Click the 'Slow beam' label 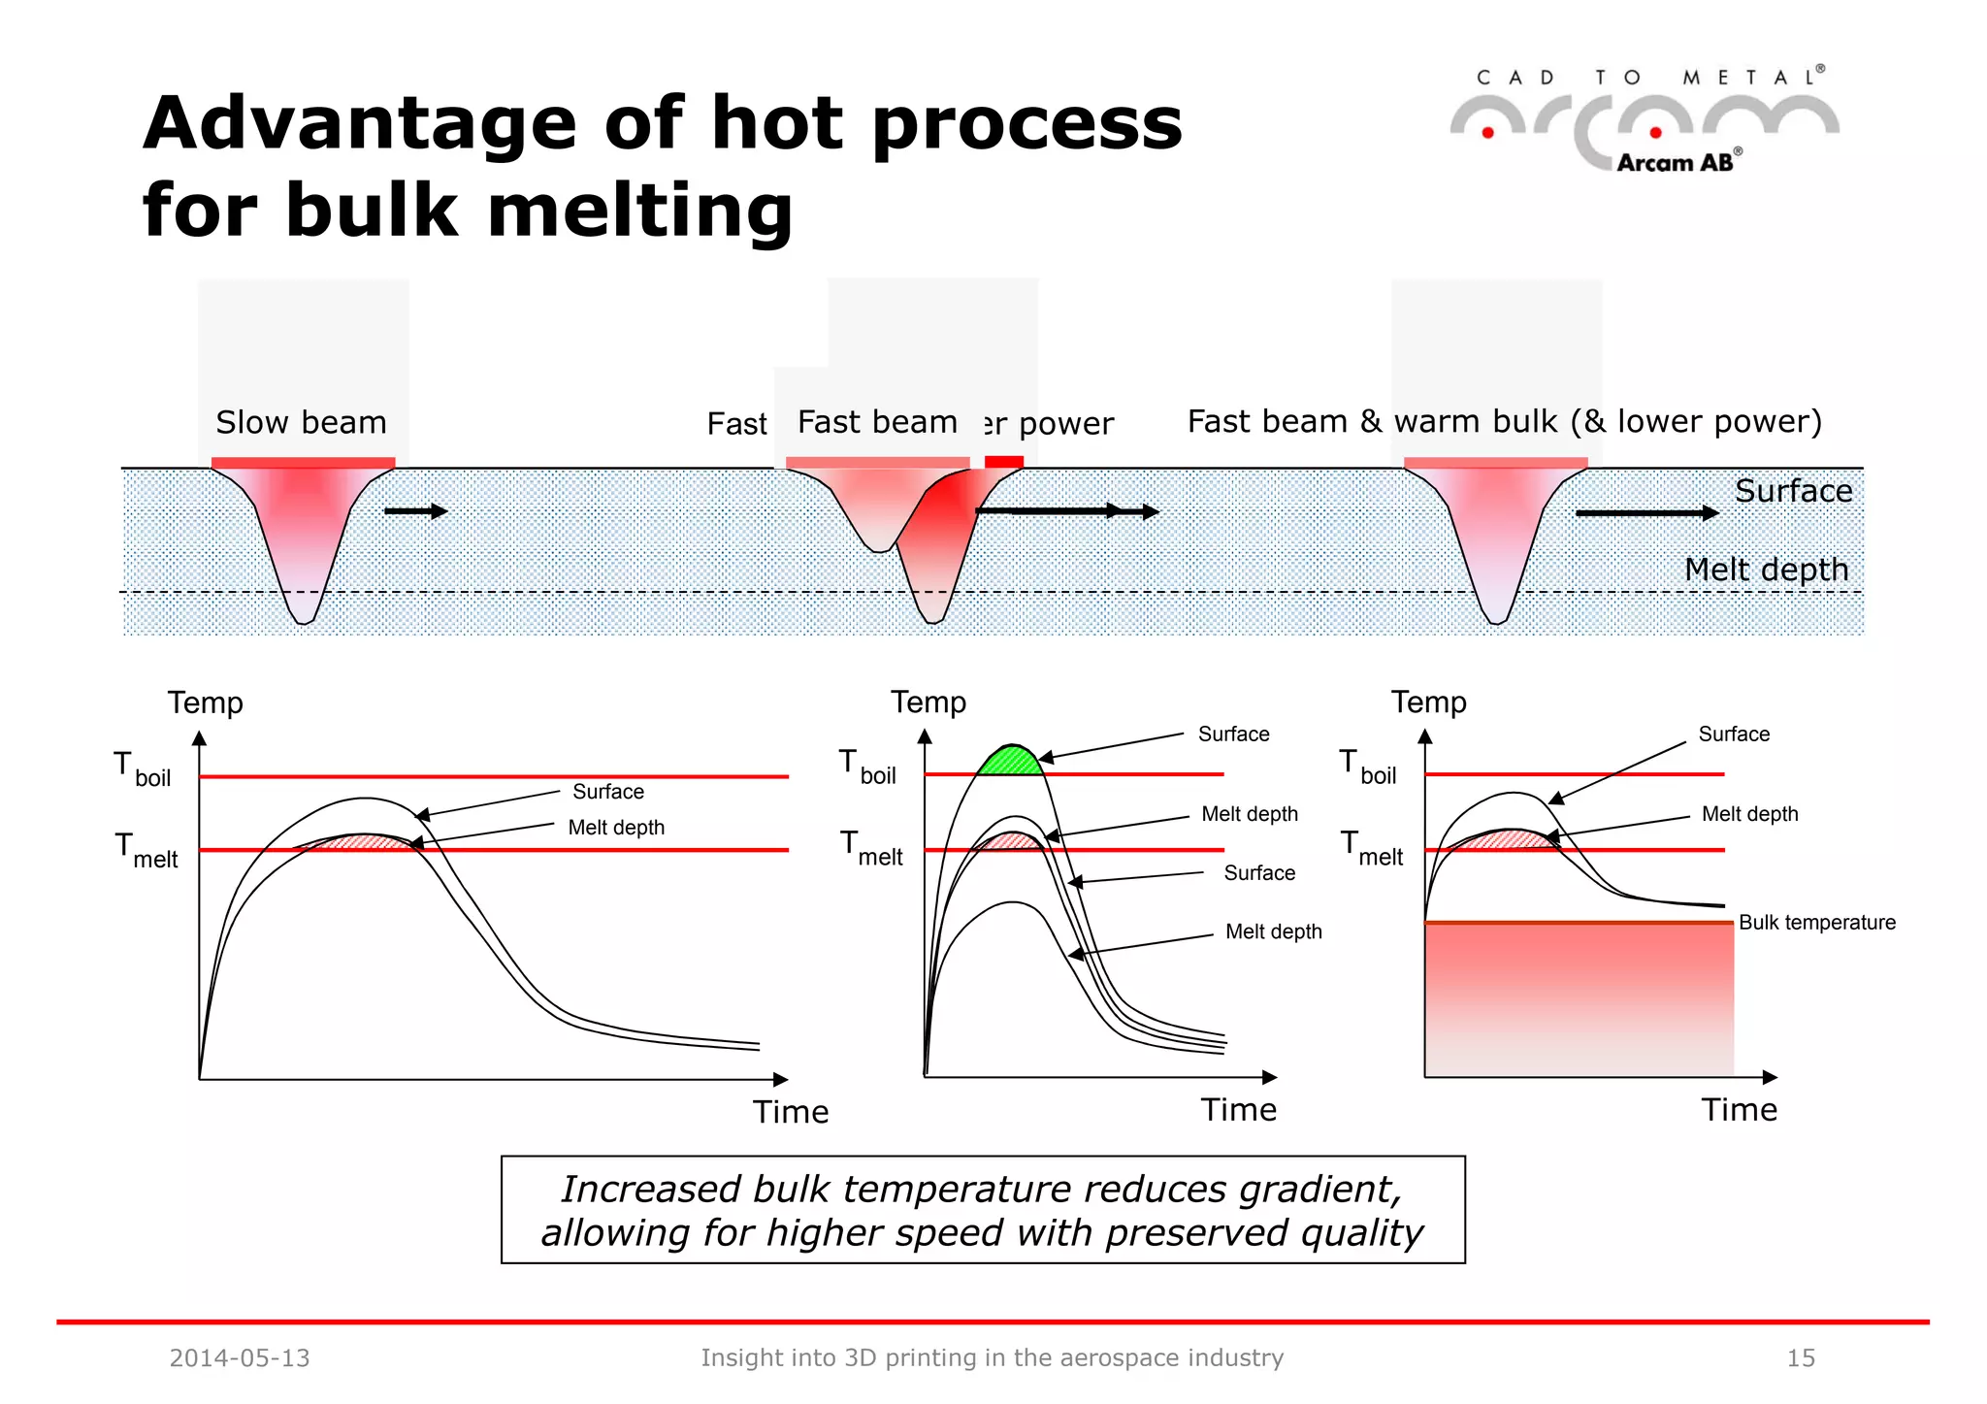click(x=301, y=422)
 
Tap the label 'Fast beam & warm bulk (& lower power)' click(x=1504, y=421)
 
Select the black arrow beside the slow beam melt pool click(x=416, y=511)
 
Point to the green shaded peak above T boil click(x=1010, y=760)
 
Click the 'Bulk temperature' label click(x=1816, y=922)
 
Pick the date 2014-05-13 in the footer click(x=240, y=1357)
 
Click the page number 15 click(x=1801, y=1357)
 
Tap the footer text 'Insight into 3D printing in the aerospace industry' click(x=992, y=1357)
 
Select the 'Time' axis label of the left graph click(x=791, y=1111)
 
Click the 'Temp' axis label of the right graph click(x=1428, y=702)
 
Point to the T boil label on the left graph click(x=143, y=769)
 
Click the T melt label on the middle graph click(x=870, y=848)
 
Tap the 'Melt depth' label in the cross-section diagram click(x=1766, y=570)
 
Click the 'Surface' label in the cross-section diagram click(x=1793, y=491)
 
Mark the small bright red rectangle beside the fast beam click(x=1004, y=462)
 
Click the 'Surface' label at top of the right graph click(x=1734, y=734)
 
